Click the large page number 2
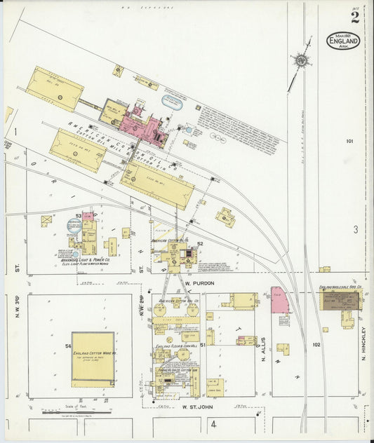(355, 18)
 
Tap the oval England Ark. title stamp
(343, 41)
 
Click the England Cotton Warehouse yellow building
(93, 359)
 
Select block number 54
(68, 346)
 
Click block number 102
(316, 344)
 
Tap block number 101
(349, 142)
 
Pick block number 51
(202, 346)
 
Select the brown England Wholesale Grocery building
(340, 301)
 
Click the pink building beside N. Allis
(279, 301)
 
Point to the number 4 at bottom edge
(214, 424)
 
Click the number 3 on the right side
(356, 229)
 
